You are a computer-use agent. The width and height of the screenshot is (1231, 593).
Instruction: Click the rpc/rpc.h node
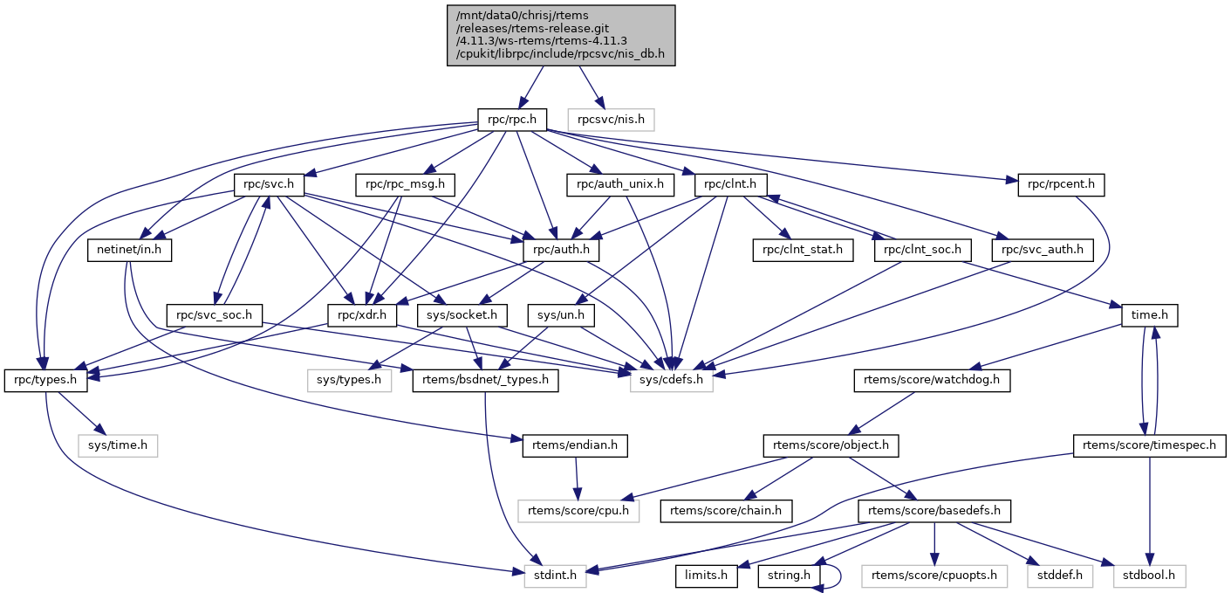click(x=511, y=118)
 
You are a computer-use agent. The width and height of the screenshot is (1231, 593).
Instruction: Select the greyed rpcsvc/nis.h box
click(x=611, y=118)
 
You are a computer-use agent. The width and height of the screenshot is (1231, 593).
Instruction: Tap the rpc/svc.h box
click(x=269, y=184)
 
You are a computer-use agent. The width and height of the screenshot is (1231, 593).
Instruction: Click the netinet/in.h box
click(x=129, y=250)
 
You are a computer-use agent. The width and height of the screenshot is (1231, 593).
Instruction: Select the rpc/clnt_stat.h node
click(x=803, y=250)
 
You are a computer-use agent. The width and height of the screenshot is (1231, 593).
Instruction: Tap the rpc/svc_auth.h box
click(x=1043, y=250)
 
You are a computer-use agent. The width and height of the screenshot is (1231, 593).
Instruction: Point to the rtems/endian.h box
click(x=575, y=445)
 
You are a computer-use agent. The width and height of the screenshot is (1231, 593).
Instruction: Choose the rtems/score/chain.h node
click(x=726, y=509)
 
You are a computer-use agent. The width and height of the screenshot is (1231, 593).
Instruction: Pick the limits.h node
click(x=706, y=575)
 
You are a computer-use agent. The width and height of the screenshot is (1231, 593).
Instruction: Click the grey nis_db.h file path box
click(x=561, y=35)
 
